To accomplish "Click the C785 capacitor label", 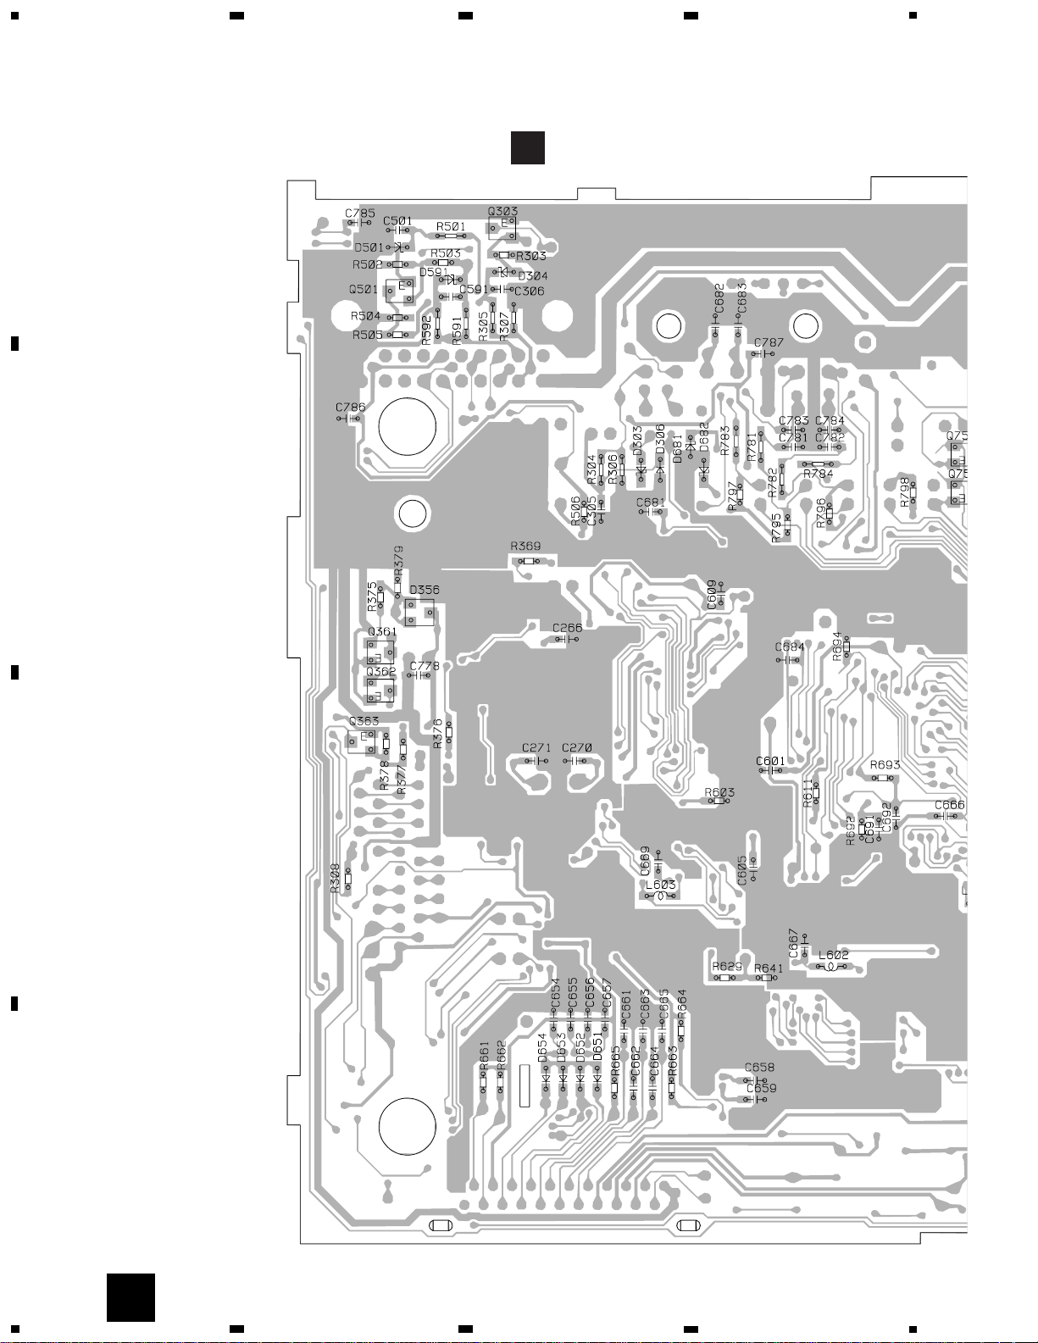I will [360, 214].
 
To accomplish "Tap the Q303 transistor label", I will [502, 212].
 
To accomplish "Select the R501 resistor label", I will [451, 227].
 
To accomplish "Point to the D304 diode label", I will [532, 276].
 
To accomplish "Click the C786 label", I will [350, 408].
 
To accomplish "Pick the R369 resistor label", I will [525, 547].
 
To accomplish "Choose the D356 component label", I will [424, 590].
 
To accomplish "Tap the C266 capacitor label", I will [567, 628].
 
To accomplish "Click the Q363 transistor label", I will [364, 721].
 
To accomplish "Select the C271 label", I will [536, 748].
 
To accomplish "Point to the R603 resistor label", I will [719, 792].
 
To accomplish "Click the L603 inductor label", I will [661, 885].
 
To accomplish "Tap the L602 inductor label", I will [833, 955].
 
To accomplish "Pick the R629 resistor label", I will [727, 966].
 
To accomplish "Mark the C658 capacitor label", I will [759, 1068].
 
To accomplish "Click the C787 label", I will [769, 343].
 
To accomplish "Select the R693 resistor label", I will [885, 765].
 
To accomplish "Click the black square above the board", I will [527, 147].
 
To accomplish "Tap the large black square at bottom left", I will [130, 1297].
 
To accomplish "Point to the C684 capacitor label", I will [790, 647].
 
